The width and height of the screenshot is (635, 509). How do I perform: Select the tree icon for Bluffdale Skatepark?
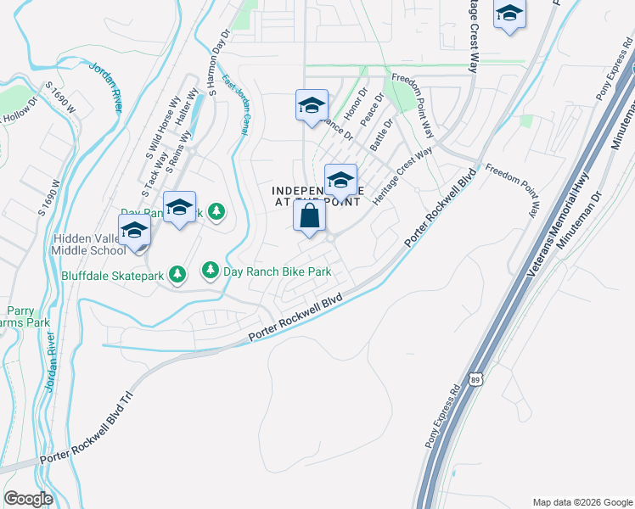click(x=177, y=273)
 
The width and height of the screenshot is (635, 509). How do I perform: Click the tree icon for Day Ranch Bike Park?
click(x=210, y=271)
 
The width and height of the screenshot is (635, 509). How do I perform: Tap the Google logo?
click(x=28, y=499)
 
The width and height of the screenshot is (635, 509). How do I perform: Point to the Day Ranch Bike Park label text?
click(x=276, y=271)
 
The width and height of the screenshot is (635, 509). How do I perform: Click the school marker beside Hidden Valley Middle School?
click(x=135, y=232)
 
